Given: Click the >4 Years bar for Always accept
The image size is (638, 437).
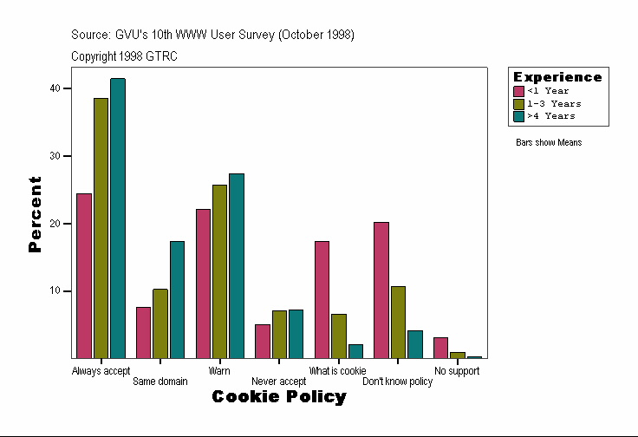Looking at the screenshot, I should pos(118,218).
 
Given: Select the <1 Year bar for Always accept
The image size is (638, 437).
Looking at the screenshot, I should pos(84,276).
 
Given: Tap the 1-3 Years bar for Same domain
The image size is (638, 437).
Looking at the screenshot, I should pos(160,323).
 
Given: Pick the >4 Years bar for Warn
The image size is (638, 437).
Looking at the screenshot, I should pos(237,266).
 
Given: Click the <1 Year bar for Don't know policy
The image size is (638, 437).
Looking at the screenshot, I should pos(381,290).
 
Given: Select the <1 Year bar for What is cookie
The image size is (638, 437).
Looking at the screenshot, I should pos(322,299).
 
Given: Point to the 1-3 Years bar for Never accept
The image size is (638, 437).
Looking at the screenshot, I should pos(279,334).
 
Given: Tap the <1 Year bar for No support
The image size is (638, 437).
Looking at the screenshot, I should pos(440,348).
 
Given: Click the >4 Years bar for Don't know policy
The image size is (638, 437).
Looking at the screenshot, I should pos(415,344).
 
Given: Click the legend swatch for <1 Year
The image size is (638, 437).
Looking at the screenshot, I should pos(519,91).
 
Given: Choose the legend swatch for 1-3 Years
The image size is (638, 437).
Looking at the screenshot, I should pos(519,103).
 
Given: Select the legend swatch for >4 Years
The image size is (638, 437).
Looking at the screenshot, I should pos(519,115).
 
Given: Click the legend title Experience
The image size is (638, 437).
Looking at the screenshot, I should pos(557,77).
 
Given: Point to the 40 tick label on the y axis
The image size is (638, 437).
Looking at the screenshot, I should pos(55,88).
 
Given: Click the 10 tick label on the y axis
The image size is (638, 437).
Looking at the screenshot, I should pos(55,290).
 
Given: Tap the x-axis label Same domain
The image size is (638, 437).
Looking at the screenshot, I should pos(160,382).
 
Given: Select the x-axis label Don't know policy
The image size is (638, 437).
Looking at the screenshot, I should pos(397,382).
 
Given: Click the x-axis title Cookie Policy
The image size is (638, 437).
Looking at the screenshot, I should pos(279,397).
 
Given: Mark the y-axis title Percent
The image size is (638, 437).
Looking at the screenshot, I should pos(35,214).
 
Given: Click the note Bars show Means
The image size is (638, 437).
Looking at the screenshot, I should pos(549,143).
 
